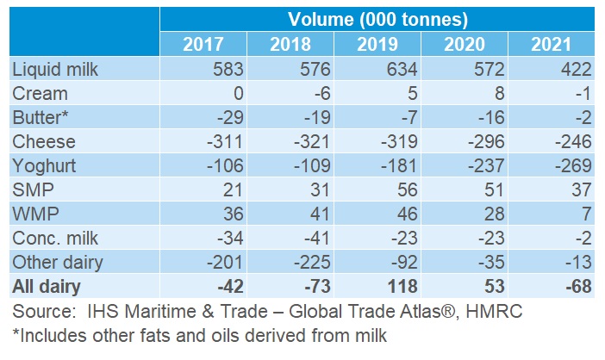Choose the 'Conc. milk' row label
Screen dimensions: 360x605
tap(53, 238)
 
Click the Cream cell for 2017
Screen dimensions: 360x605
tap(236, 93)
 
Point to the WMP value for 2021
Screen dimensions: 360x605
tap(583, 214)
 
